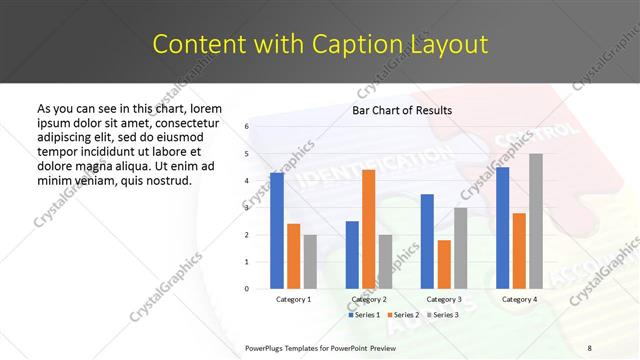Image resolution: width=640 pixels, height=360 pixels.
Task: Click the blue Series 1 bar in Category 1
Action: tap(277, 231)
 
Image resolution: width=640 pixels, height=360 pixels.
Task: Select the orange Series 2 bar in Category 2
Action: tap(368, 229)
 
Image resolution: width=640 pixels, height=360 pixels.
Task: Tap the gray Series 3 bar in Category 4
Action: tap(536, 221)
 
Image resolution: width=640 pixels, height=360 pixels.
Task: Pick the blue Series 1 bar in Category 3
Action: tap(427, 241)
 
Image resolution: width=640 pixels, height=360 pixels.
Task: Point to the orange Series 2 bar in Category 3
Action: tap(444, 264)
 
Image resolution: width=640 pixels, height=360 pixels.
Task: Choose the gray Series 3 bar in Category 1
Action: tap(310, 262)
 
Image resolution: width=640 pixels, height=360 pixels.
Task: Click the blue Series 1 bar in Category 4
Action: tap(502, 228)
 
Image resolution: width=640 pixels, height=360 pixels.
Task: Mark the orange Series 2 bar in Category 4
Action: tap(519, 250)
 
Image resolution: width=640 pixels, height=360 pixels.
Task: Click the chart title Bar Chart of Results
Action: tap(402, 110)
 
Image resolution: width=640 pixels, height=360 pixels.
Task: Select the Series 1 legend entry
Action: tap(364, 314)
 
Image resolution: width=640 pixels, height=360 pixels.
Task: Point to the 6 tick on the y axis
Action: tap(246, 127)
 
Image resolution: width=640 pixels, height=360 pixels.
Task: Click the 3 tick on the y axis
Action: tap(246, 208)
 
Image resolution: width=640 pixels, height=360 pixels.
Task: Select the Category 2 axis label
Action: tap(369, 299)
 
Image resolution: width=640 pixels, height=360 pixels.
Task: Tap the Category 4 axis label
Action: tap(519, 299)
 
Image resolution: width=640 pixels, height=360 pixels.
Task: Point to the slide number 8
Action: tap(589, 347)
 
